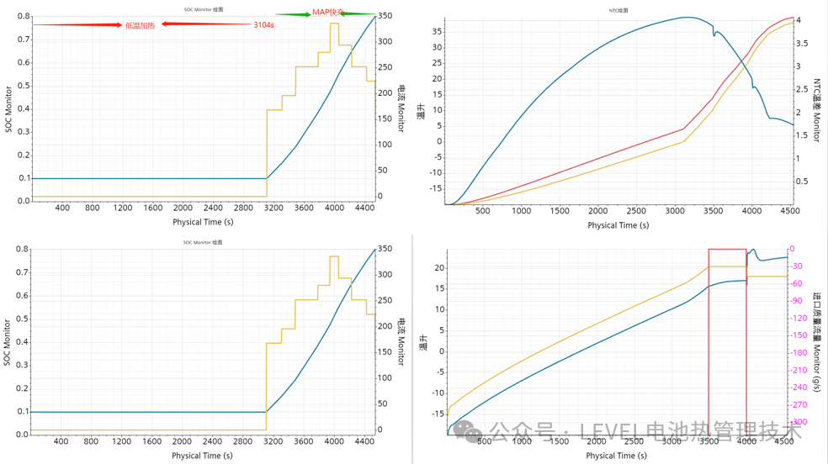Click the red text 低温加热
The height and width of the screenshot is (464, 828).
pos(139,25)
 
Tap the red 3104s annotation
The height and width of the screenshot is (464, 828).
pos(263,25)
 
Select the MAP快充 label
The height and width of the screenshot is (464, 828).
pos(328,13)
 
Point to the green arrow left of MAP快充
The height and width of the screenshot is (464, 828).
pos(293,14)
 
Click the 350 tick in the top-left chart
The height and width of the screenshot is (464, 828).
pos(384,16)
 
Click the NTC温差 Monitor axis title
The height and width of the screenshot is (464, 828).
pos(815,109)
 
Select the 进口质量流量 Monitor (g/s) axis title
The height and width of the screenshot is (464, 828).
pos(815,341)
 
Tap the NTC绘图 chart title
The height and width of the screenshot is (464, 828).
pos(619,11)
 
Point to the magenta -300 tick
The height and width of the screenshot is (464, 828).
pos(799,422)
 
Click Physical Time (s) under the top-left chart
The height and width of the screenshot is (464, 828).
pos(202,222)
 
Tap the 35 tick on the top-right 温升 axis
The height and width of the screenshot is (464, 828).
pos(437,32)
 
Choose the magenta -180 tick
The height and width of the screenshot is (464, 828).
pos(799,353)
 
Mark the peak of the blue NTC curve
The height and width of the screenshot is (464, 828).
pos(687,17)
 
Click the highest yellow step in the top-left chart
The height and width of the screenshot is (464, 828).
pos(334,24)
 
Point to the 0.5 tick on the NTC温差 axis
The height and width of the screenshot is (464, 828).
pos(801,182)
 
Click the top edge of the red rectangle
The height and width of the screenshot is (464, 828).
pos(727,249)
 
